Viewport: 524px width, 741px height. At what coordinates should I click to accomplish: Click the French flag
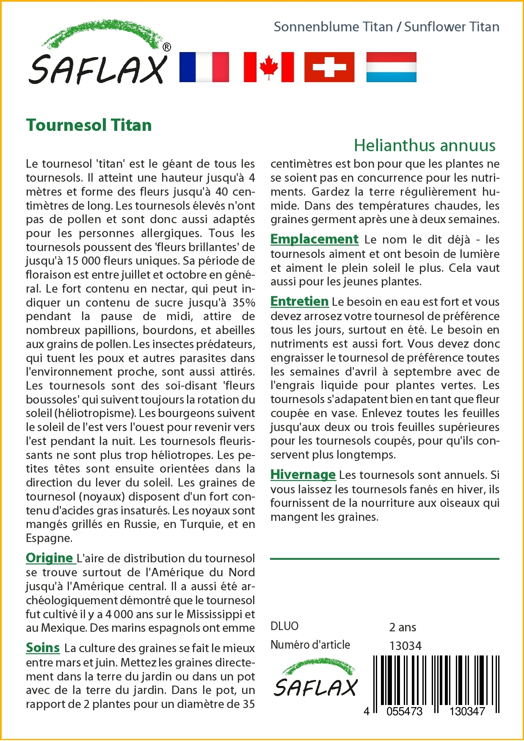point(204,67)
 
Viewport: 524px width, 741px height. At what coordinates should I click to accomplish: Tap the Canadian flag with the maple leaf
point(269,67)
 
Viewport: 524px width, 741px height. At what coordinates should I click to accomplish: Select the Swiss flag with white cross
point(329,67)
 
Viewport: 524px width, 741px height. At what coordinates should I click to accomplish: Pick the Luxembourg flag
point(391,67)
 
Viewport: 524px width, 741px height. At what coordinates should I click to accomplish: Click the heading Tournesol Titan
point(89,125)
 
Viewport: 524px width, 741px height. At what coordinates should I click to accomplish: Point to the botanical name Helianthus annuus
point(425,145)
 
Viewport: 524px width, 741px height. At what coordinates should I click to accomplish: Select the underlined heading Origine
point(50,558)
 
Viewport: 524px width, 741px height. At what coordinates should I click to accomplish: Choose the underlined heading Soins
point(43,648)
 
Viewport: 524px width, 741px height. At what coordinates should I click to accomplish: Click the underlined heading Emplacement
point(314,239)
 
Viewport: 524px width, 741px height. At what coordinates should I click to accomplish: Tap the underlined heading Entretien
point(299,301)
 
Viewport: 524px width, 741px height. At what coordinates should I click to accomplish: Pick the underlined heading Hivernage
point(303,475)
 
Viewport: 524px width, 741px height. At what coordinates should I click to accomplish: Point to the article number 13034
point(405,646)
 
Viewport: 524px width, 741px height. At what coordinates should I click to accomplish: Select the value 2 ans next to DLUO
point(403,627)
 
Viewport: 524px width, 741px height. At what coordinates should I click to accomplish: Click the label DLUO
point(284,626)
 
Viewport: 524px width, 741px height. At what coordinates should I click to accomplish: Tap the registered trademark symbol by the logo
point(167,47)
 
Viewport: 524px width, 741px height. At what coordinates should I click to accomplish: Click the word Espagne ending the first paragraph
point(48,539)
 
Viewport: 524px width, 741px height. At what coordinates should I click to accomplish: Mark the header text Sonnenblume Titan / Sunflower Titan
point(386,27)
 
